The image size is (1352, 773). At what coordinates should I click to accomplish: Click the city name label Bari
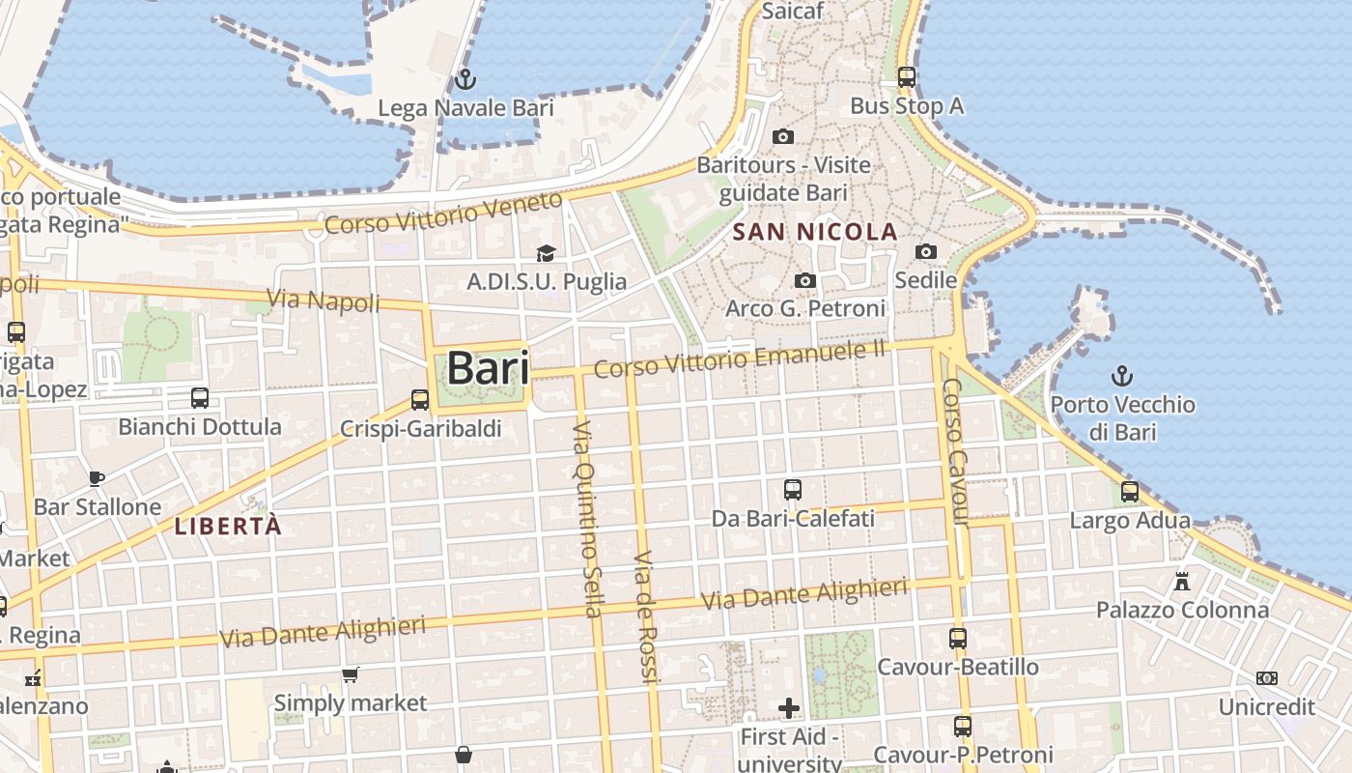coord(488,368)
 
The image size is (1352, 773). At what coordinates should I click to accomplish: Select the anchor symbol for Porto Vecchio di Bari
coord(1122,375)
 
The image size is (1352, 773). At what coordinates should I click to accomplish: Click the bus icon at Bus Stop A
coord(906,76)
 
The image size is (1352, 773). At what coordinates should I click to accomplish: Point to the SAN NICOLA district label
coord(815,232)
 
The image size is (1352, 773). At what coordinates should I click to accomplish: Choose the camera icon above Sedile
coord(925,251)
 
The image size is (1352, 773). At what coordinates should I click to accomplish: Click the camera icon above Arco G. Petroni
coord(804,280)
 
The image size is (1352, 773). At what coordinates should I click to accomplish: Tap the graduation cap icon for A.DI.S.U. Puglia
coord(546,253)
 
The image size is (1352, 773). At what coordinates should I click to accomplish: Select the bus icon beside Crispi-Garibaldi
coord(420,399)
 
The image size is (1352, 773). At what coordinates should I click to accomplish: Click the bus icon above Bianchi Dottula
coord(200,397)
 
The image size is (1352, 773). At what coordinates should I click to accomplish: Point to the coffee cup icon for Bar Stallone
coord(97,477)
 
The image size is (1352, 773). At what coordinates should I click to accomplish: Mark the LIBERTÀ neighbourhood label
coord(228,527)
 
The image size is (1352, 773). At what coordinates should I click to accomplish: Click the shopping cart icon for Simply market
coord(350,674)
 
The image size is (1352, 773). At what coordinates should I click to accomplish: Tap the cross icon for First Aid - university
coord(789,708)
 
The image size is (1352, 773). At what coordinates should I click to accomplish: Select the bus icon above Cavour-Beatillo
coord(958,638)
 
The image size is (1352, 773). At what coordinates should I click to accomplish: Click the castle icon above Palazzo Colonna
coord(1182,581)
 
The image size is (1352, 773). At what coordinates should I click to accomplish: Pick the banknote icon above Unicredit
coord(1267,678)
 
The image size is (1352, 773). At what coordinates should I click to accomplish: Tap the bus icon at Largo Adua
coord(1130,491)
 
